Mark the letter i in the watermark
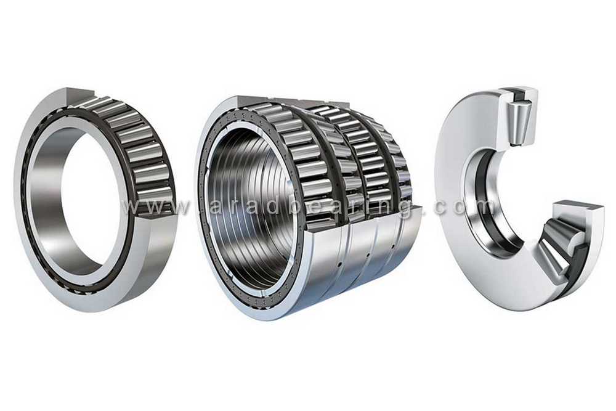pos(369,207)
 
